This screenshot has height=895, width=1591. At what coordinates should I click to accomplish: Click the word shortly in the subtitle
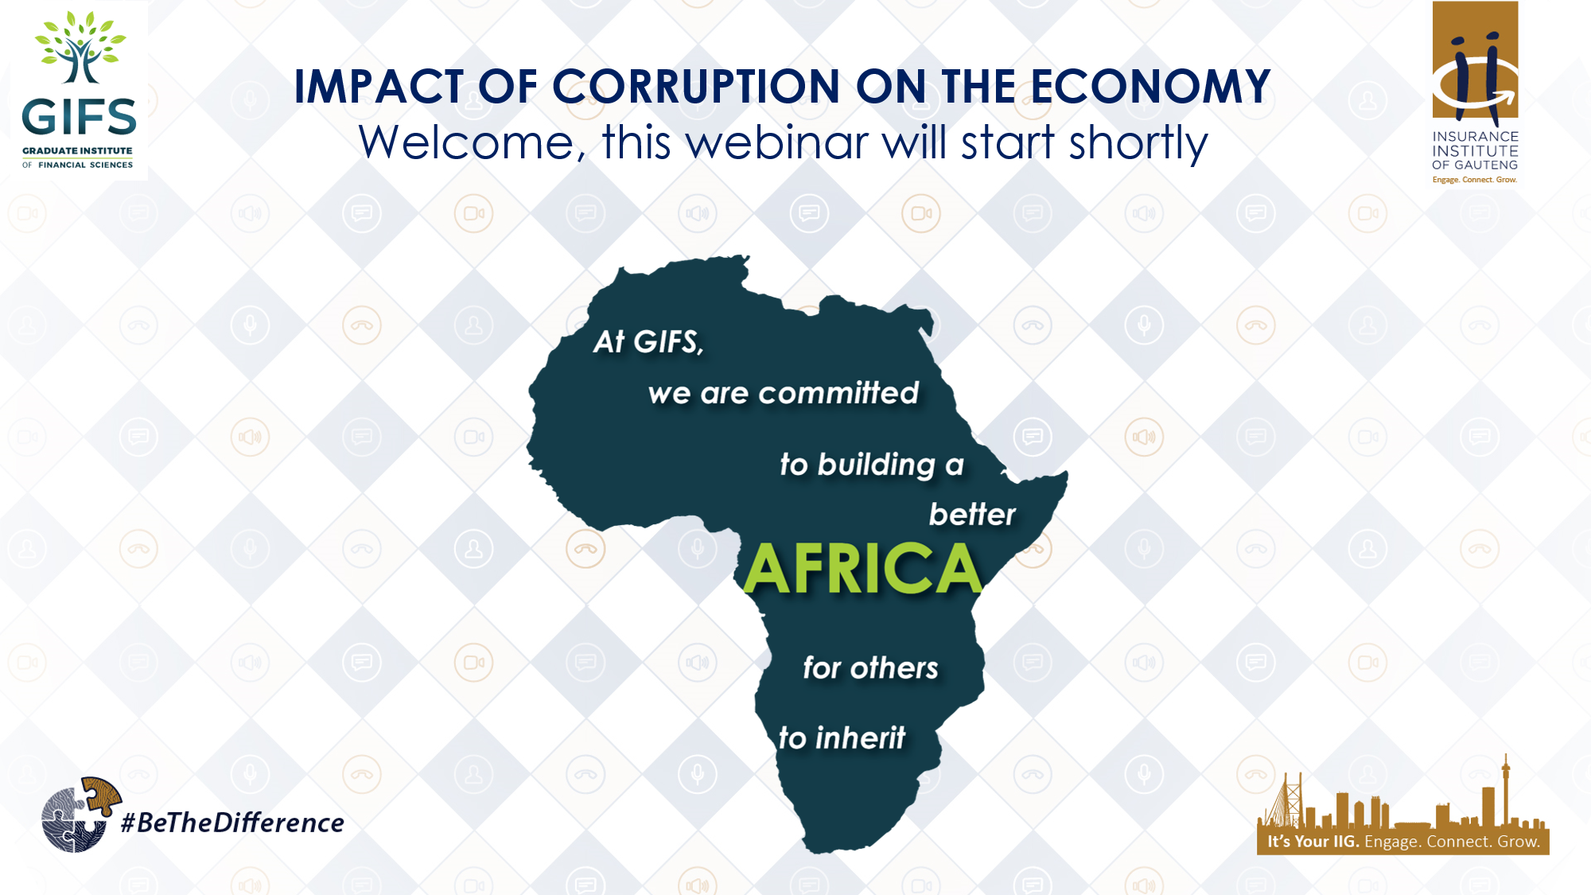[x=1138, y=143]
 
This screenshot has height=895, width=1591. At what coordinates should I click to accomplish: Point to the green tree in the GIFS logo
[x=80, y=48]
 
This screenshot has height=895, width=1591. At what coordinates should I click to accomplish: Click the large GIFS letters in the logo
[x=79, y=118]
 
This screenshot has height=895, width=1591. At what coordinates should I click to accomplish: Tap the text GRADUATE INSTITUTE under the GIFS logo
[x=77, y=150]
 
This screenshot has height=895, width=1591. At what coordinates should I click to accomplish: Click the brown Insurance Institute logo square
[x=1475, y=60]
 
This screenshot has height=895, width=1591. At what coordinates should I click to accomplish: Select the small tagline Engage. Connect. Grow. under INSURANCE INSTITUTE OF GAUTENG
[x=1474, y=180]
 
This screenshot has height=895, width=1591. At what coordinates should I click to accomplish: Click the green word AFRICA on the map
[x=863, y=569]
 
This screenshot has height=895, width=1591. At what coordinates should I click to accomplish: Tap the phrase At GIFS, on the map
[x=648, y=342]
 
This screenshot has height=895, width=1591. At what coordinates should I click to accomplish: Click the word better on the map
[x=972, y=515]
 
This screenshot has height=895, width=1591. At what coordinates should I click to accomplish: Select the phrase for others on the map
[x=870, y=668]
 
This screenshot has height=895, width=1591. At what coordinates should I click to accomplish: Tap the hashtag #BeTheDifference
[x=232, y=823]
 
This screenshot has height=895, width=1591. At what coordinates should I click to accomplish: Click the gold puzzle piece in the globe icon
[x=101, y=795]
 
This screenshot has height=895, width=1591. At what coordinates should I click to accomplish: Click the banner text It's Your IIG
[x=1313, y=842]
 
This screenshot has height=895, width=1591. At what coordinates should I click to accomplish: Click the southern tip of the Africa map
[x=819, y=845]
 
